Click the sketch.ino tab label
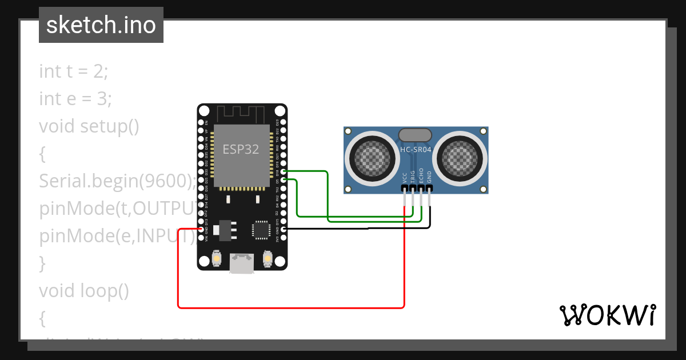coord(101,25)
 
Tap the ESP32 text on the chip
coord(241,150)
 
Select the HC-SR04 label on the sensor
coord(416,150)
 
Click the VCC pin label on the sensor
coord(405,178)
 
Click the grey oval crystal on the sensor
coord(416,135)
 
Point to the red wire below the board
coord(286,307)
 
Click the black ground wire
coord(366,229)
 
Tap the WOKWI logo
coord(607,315)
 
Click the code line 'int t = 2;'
coord(73,71)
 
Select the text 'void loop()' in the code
coord(84,291)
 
